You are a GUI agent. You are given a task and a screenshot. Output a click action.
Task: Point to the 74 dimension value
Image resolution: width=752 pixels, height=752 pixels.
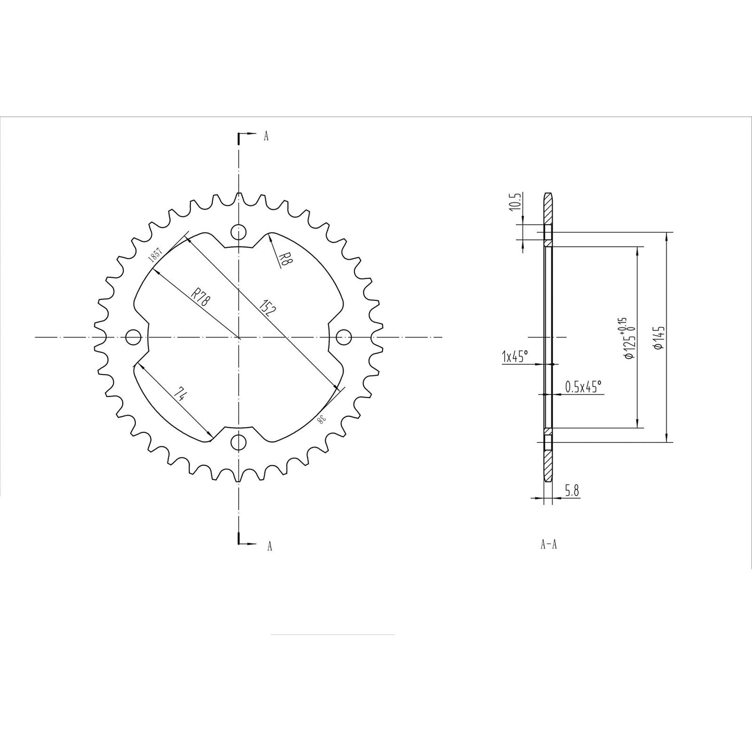click(x=180, y=394)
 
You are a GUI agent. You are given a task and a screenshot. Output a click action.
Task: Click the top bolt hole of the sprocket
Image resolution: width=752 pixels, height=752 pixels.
click(x=238, y=231)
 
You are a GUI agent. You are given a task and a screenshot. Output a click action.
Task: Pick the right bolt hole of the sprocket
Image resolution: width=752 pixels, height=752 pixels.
click(x=343, y=337)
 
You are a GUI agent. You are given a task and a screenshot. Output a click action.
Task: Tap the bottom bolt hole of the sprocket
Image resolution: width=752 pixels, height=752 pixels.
click(x=238, y=442)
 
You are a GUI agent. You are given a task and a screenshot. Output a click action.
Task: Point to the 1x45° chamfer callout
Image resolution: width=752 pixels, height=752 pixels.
click(x=515, y=356)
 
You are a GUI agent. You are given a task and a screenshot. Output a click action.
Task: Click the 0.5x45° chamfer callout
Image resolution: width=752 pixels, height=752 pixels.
click(x=583, y=386)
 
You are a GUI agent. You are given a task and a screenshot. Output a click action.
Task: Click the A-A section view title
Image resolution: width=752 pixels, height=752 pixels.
click(x=549, y=545)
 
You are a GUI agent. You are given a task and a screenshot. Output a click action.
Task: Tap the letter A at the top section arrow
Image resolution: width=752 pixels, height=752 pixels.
click(x=266, y=136)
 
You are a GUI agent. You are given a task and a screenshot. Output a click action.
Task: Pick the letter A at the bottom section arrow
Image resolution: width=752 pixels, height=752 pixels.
click(x=269, y=545)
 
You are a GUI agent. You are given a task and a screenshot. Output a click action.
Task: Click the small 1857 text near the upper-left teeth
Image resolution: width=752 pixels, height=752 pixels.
click(x=155, y=253)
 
